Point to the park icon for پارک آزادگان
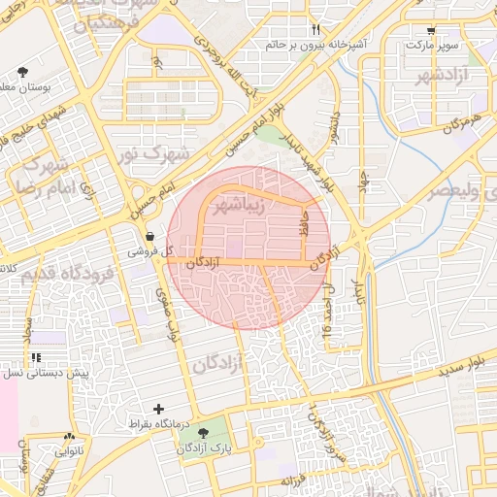click(202, 433)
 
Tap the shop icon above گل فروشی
click(149, 236)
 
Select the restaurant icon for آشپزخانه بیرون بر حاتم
click(315, 30)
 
